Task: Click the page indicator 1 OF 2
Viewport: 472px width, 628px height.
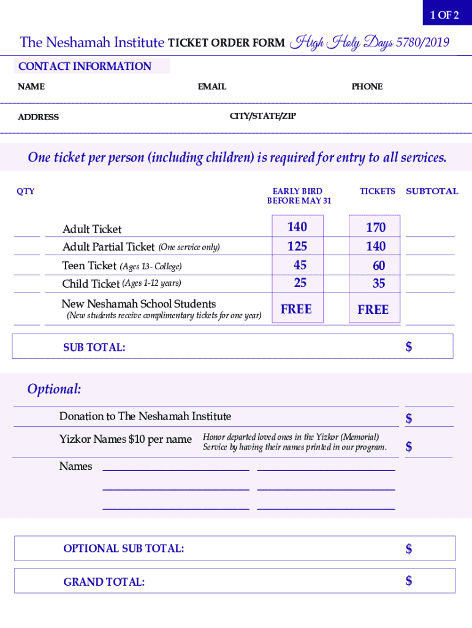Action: point(444,15)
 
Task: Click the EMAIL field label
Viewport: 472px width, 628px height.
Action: point(212,86)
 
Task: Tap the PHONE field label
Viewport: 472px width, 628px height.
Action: point(367,86)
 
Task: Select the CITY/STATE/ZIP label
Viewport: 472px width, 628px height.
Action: point(262,116)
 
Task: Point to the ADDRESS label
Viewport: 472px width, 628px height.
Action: point(39,117)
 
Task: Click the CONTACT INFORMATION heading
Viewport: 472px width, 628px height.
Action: point(85,66)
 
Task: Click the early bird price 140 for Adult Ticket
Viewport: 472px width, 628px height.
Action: point(297,227)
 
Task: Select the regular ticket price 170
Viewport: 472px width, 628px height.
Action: point(375,228)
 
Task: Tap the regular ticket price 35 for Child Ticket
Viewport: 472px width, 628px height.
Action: point(379,283)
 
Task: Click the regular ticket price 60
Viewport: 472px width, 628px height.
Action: point(379,266)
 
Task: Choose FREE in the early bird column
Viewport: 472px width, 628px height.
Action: point(296,309)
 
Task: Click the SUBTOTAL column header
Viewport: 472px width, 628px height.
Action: point(432,191)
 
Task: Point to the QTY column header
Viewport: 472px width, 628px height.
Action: point(26,191)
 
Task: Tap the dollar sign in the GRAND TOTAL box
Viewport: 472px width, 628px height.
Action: point(409,580)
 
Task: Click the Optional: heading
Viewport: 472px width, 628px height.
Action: point(54,389)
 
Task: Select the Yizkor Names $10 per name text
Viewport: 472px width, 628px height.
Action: point(125,439)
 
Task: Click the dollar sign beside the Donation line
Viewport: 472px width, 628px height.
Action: point(409,418)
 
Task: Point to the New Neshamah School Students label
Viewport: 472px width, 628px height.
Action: point(139,304)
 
